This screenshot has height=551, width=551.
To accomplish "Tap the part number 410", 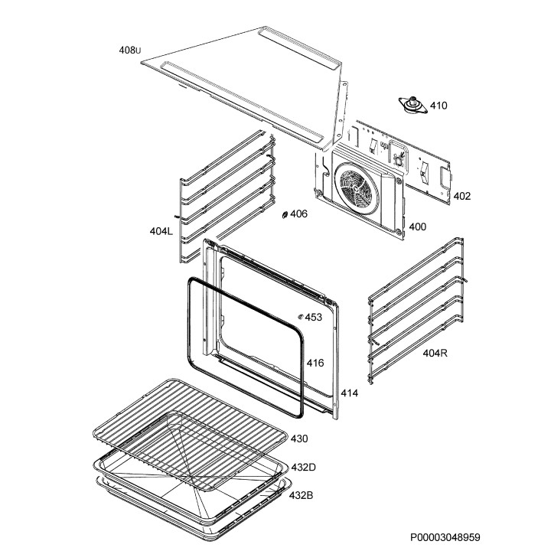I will point(438,106).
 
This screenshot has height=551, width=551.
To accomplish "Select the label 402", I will point(461,196).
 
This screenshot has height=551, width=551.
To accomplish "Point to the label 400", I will point(418,227).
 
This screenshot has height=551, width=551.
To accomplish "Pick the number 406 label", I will point(298,214).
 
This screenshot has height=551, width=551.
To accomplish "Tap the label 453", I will point(313,317).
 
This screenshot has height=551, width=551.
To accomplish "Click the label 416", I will point(315,363).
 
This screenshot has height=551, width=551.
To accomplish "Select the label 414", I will point(350,393).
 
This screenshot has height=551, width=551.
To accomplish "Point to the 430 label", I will point(299,439).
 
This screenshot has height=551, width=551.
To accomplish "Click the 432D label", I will point(303,467).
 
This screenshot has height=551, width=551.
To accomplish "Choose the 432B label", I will point(302,495).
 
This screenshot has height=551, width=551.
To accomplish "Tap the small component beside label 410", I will point(414,104).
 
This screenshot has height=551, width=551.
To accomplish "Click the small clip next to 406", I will point(285,215).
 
